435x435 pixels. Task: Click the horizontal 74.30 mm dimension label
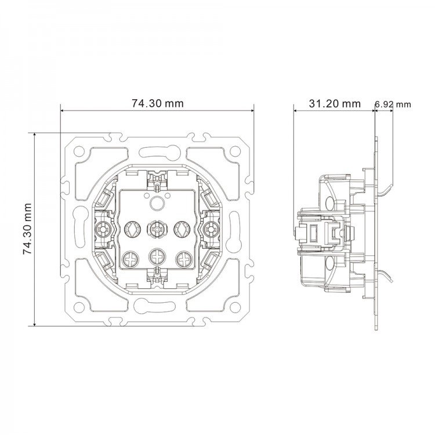(157, 104)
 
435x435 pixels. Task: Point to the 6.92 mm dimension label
(393, 104)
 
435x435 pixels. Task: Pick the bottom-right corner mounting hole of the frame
(235, 306)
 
